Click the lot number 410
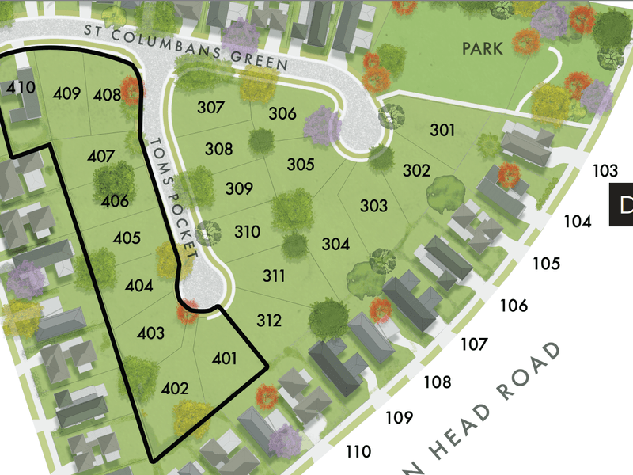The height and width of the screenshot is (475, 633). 21,87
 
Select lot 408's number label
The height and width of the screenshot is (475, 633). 107,96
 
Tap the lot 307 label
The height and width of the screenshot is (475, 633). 210,108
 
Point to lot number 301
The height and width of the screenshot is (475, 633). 442,129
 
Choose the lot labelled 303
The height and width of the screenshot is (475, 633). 373,206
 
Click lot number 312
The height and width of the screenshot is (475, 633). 269,321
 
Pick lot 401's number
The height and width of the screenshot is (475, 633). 225,359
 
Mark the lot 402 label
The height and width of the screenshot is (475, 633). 175,388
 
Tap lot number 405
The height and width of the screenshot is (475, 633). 127,237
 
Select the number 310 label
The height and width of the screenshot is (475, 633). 247,232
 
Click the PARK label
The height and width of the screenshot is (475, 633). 483,49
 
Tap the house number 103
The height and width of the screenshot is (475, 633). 605,170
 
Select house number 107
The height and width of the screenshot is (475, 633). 474,344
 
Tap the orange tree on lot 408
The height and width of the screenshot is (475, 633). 131,91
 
